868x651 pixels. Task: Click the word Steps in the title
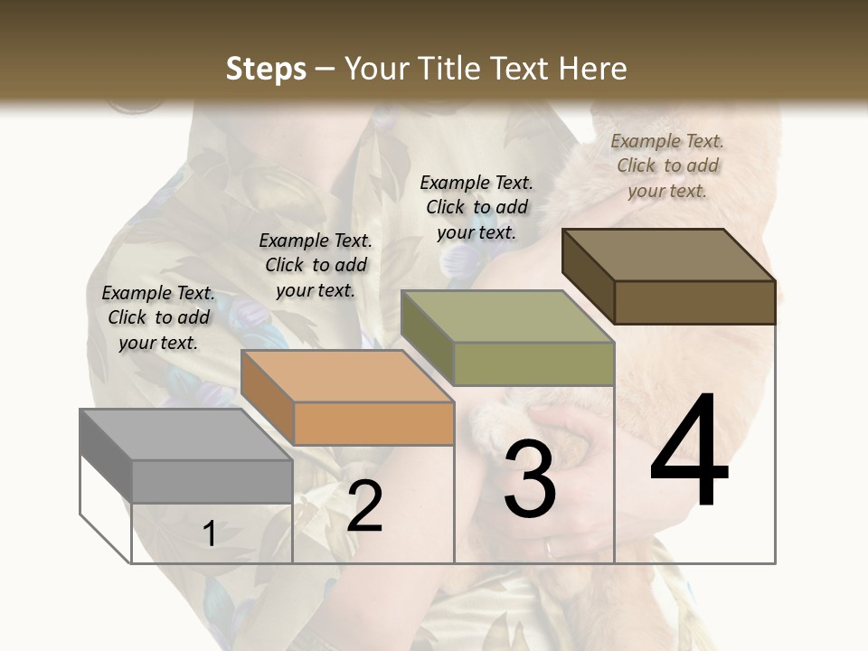click(266, 70)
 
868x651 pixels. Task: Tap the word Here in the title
click(591, 70)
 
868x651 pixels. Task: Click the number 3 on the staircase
click(529, 478)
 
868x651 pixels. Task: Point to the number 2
click(364, 505)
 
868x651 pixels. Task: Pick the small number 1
click(209, 534)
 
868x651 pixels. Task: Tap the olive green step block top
click(506, 316)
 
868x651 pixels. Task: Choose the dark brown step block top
click(668, 254)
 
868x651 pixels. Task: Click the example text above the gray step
click(158, 317)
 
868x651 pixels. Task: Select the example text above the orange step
click(316, 265)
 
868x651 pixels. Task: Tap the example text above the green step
click(476, 207)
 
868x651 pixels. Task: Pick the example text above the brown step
click(667, 165)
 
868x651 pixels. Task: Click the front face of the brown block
click(694, 302)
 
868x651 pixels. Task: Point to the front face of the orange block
click(373, 423)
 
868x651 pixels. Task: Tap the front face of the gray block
click(212, 481)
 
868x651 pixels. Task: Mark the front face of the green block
click(533, 363)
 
